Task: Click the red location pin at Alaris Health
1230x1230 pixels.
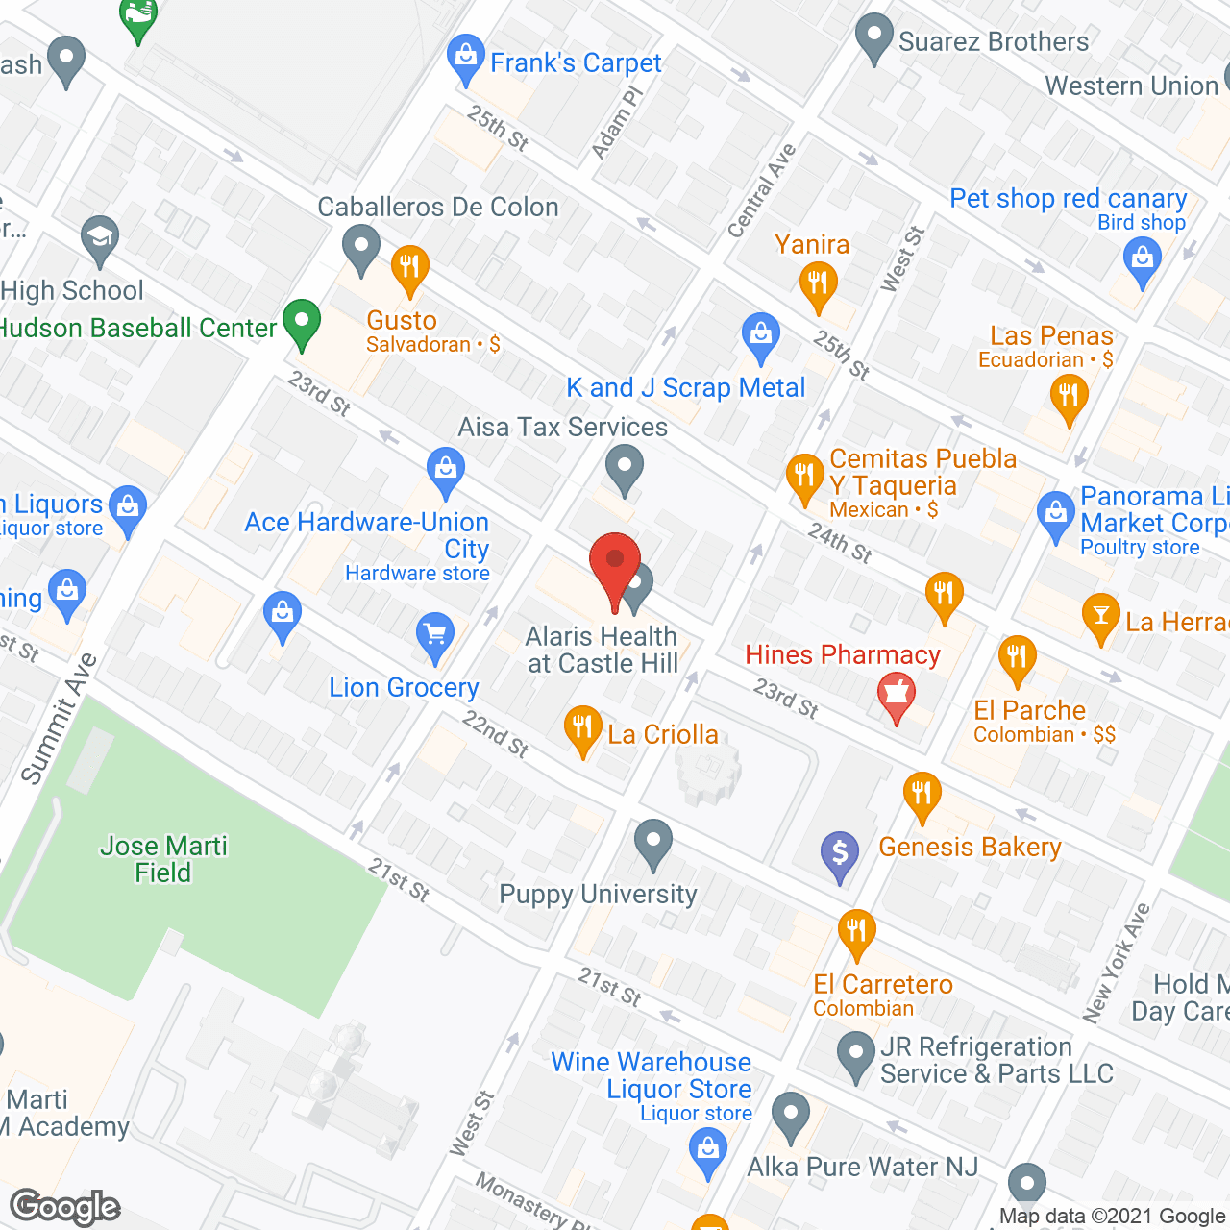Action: tap(615, 567)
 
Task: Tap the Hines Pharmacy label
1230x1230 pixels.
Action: tap(843, 655)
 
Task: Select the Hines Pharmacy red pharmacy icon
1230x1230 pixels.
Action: tap(896, 694)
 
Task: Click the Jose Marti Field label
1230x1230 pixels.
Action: tap(163, 859)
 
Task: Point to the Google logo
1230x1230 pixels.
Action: tap(65, 1207)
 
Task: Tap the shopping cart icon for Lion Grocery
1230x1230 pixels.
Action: tap(436, 635)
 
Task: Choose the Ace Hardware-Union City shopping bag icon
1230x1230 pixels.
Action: tap(445, 470)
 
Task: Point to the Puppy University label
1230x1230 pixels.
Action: tap(598, 895)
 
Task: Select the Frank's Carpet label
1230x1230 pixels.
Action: tap(576, 63)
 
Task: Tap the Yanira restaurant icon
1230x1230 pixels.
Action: tap(818, 284)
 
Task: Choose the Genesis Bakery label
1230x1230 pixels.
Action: tap(970, 847)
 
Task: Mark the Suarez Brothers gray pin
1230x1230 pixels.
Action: tap(874, 37)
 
